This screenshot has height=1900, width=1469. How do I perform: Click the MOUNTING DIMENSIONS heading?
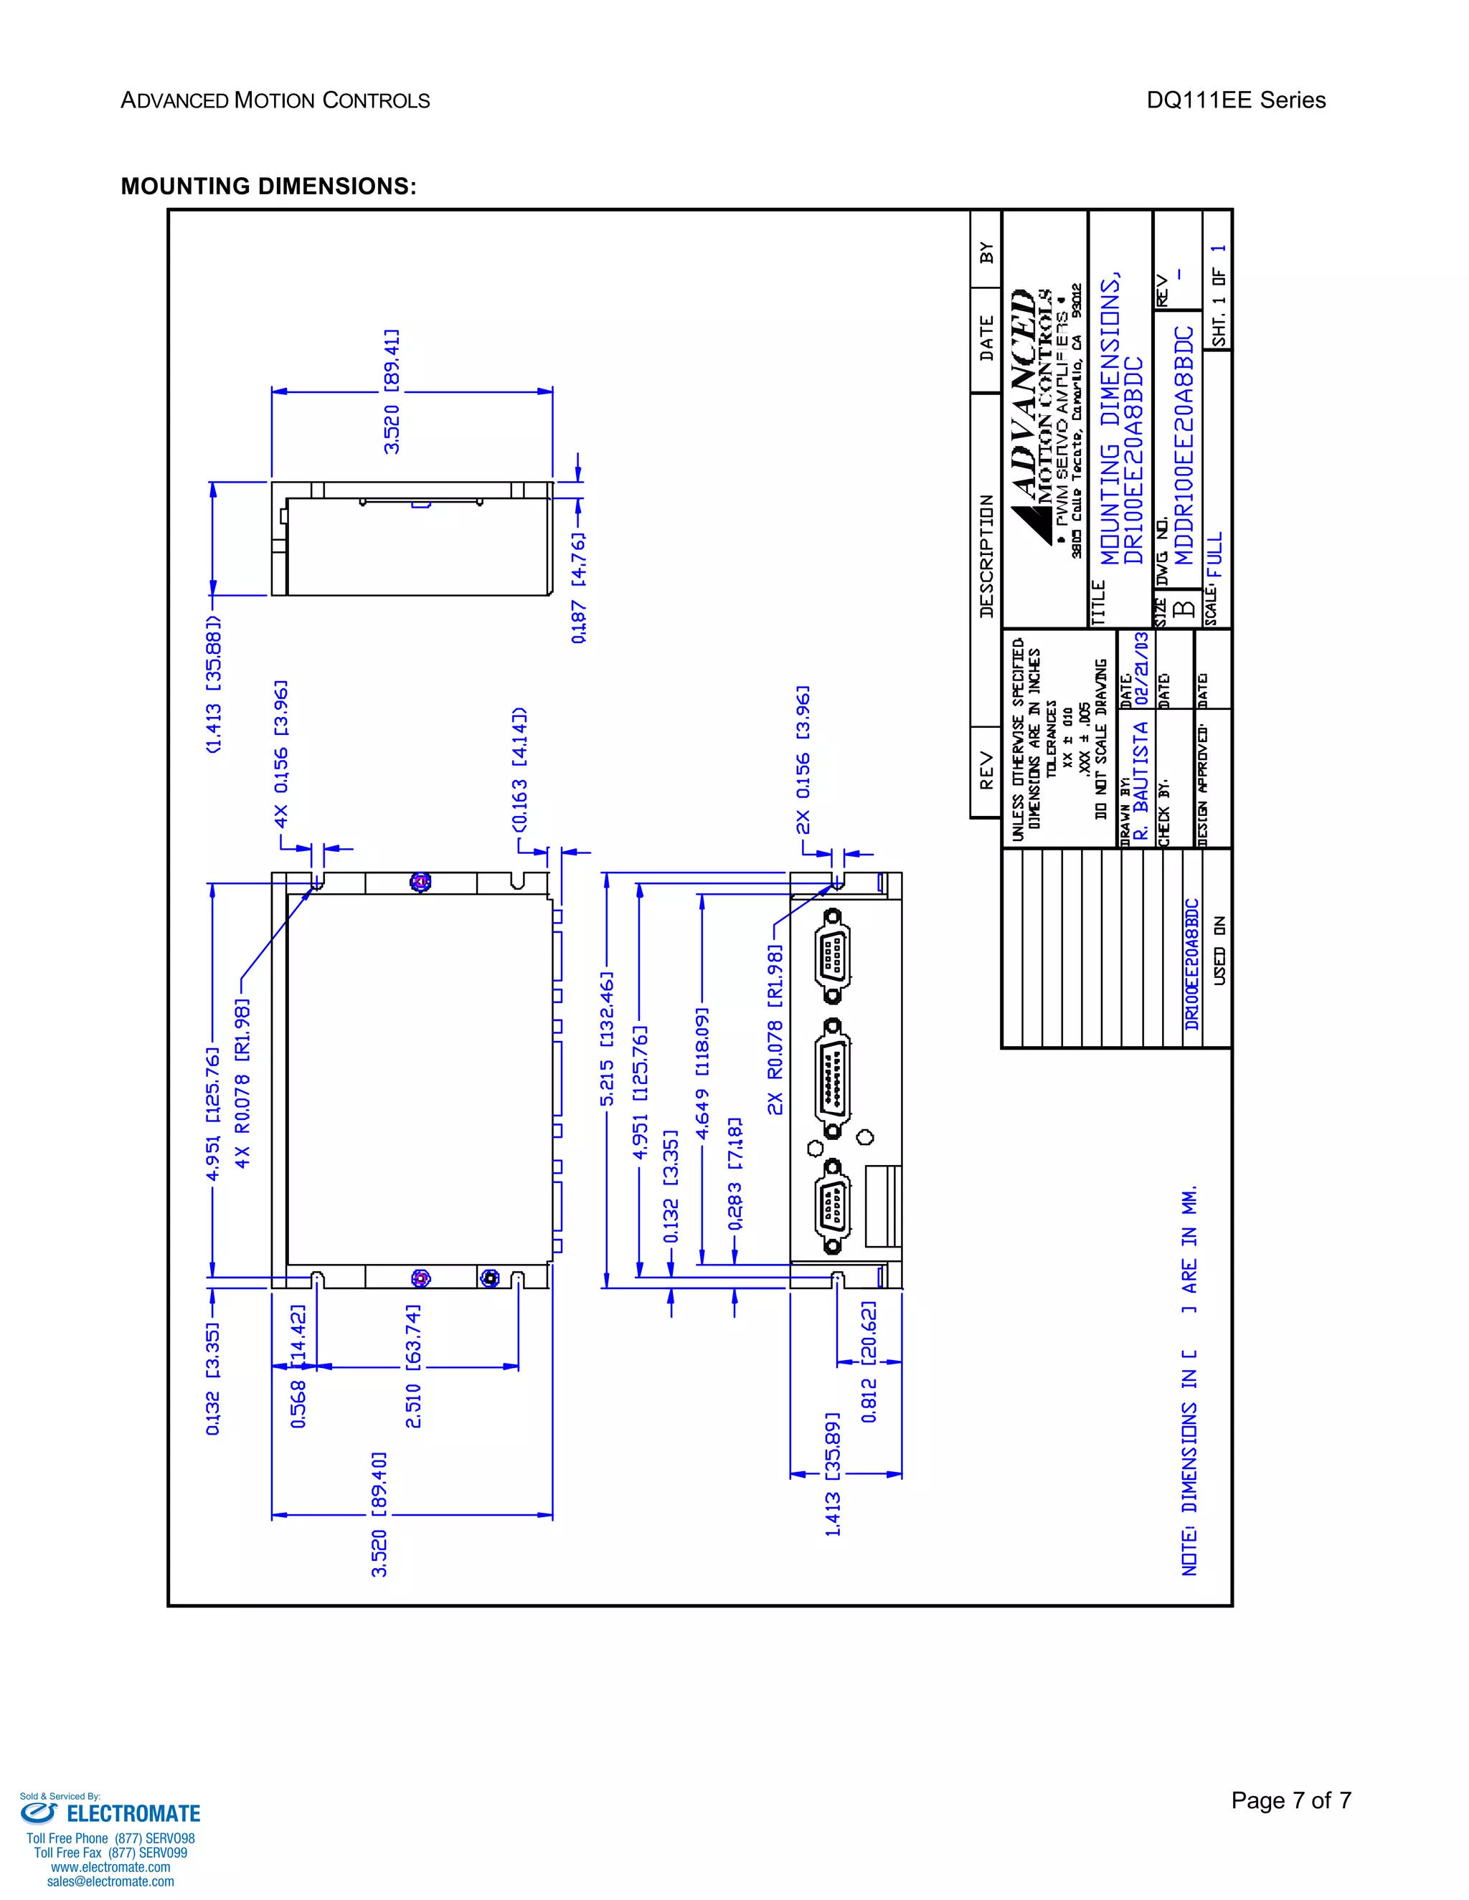[x=268, y=186]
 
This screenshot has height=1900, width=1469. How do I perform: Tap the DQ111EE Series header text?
[x=1235, y=100]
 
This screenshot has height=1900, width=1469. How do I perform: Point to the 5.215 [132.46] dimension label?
[x=608, y=1039]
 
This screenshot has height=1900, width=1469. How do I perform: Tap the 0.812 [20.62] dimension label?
[x=869, y=1362]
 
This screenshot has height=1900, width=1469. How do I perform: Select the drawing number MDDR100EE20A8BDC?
[x=1184, y=445]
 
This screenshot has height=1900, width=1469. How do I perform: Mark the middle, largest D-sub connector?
[x=833, y=1076]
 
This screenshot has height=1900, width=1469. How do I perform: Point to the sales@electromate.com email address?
[x=110, y=1881]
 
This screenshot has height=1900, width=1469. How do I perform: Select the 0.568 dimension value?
[x=298, y=1403]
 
